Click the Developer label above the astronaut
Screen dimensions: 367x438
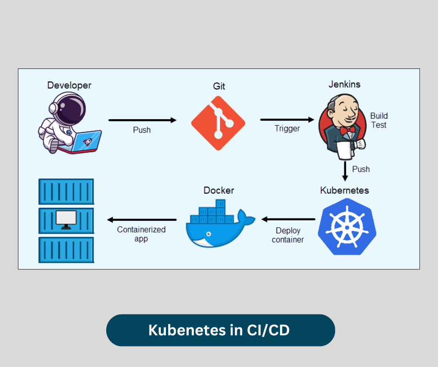(69, 85)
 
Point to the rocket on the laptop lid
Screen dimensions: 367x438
(89, 140)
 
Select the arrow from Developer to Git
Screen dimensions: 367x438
(142, 120)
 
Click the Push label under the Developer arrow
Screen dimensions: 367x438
(142, 130)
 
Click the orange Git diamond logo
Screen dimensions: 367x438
(218, 123)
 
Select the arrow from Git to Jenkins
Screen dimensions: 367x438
(287, 119)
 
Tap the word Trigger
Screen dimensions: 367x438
(287, 129)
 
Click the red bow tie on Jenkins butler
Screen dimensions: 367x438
(347, 130)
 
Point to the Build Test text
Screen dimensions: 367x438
(378, 120)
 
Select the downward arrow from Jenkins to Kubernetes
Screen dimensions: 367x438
(345, 170)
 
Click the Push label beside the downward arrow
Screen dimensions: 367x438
(361, 169)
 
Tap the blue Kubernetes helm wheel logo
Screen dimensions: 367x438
(347, 226)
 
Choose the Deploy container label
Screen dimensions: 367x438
(287, 235)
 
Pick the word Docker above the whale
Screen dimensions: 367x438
(219, 190)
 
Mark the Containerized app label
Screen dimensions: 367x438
(141, 234)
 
